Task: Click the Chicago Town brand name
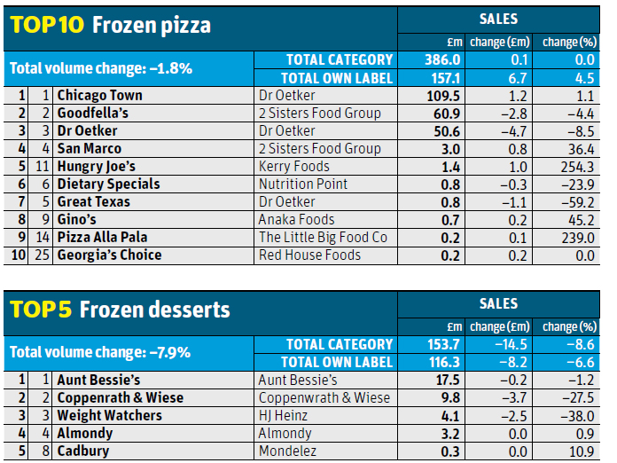click(x=99, y=96)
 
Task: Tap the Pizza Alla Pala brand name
click(x=103, y=238)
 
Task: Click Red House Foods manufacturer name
click(x=309, y=255)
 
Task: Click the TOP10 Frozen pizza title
click(x=111, y=25)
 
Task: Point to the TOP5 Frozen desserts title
click(x=120, y=310)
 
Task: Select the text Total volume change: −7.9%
click(x=100, y=352)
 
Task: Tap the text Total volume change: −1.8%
click(x=99, y=67)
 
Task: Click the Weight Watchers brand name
click(x=109, y=415)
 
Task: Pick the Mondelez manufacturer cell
click(x=287, y=451)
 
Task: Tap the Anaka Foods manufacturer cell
click(x=296, y=220)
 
